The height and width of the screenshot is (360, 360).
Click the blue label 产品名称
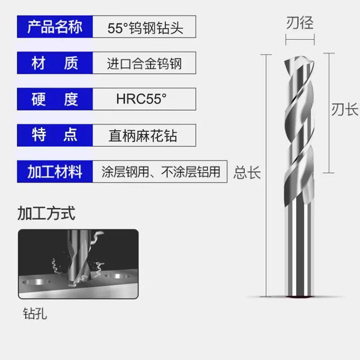coord(55,27)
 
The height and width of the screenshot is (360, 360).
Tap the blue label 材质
coord(55,63)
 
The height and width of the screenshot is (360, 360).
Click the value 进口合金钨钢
coord(144,63)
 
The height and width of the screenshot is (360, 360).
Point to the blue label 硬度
coord(55,99)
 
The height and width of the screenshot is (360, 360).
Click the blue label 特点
coord(55,135)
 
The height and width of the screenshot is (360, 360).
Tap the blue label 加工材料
coord(55,171)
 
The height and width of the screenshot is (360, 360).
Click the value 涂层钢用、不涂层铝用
coord(161,171)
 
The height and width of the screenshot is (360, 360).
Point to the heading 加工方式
coord(46,213)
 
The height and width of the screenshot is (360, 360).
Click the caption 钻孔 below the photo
coord(35,313)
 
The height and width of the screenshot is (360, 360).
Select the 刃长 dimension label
coord(345,109)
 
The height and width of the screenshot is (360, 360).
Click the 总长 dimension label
coord(247,172)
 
